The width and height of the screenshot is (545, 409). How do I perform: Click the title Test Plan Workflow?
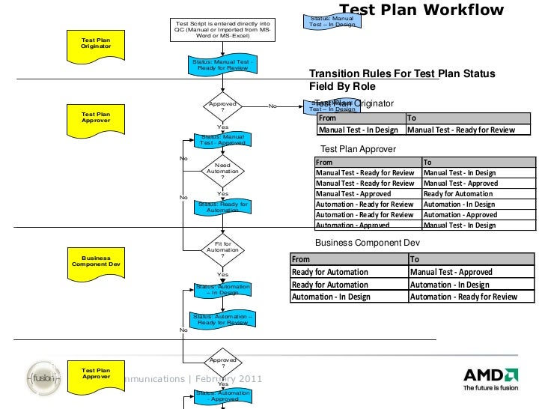coord(422,10)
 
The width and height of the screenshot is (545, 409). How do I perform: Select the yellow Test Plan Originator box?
coord(96,43)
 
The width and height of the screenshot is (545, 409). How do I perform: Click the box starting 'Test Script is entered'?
coord(222,29)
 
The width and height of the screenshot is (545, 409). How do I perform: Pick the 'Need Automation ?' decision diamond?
coord(222,170)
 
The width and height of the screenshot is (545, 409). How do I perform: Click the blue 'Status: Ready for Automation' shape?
coord(222,207)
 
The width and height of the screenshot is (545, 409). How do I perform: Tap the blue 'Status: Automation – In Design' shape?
coord(222,290)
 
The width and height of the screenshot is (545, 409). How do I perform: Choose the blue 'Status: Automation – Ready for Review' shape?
coord(222,320)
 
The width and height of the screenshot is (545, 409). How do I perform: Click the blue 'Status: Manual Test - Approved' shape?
coord(222,140)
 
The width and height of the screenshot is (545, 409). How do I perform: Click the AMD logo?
coord(490,375)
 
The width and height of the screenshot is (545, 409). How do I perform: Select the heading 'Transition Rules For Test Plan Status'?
coord(402,73)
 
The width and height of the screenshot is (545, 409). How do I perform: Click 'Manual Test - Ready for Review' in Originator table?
coord(460,130)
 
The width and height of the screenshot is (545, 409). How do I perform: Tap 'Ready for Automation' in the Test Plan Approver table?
coord(458,193)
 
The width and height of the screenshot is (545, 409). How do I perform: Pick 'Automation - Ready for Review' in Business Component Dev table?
coord(463,297)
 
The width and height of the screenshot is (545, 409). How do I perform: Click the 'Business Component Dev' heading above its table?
coord(368,243)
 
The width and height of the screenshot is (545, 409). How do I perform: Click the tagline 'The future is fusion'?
coord(490,388)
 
